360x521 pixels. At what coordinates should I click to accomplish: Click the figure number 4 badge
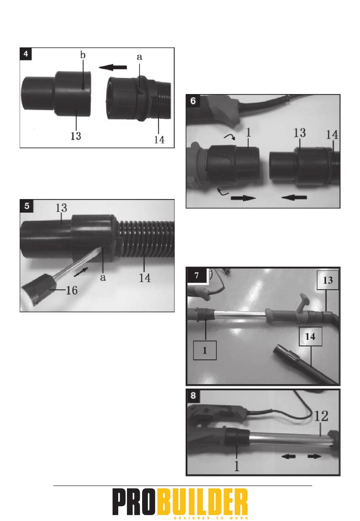tap(25, 54)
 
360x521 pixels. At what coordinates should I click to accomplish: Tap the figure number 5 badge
tap(27, 206)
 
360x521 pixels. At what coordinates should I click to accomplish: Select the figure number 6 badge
tap(193, 101)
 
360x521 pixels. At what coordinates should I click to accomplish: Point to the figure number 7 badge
tap(197, 275)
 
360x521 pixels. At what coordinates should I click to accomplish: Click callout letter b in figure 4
tap(83, 55)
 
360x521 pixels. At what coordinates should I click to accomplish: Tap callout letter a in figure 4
tap(139, 57)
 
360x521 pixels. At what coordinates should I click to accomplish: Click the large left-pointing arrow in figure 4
tap(113, 67)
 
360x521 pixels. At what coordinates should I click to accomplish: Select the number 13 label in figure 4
tap(76, 136)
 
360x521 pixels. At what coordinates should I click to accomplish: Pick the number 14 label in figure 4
tap(159, 140)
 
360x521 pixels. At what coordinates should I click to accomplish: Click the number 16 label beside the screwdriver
tap(72, 290)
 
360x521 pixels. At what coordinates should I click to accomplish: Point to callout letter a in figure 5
tap(103, 278)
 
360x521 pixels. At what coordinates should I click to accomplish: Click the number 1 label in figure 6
tap(248, 133)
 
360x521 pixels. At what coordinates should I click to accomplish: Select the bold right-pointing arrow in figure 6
tap(243, 198)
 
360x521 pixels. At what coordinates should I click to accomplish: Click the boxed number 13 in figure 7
tap(328, 280)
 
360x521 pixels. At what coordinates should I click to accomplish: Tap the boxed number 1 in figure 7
tap(205, 350)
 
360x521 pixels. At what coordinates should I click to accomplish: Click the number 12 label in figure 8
tap(321, 416)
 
